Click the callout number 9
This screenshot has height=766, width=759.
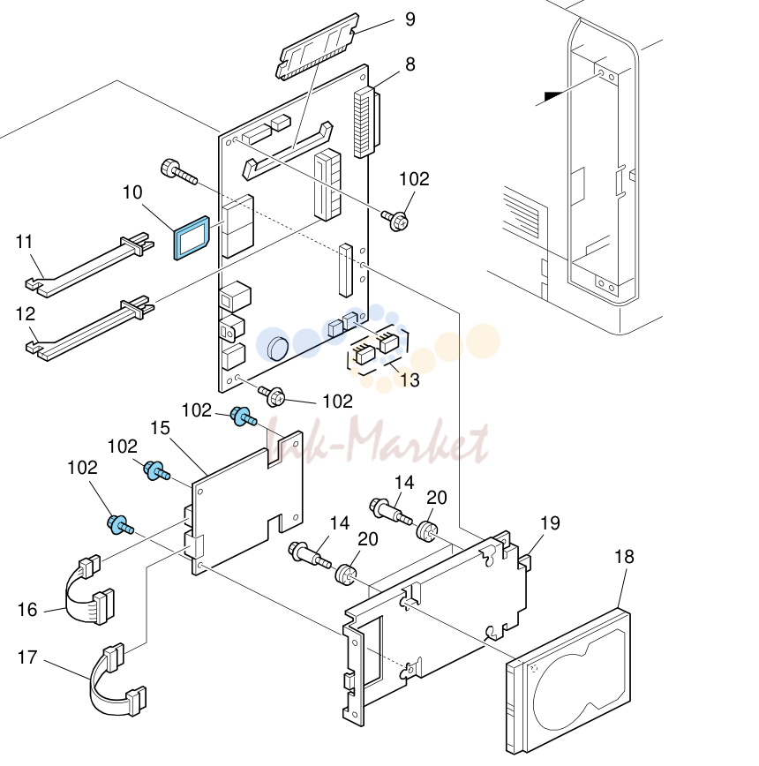410,19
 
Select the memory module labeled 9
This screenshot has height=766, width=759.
318,47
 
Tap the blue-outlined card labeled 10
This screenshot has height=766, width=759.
192,237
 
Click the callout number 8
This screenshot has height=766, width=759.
410,64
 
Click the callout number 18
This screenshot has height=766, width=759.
624,557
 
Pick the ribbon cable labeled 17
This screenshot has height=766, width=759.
117,680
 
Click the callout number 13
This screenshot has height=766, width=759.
410,379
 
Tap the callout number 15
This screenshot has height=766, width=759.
161,428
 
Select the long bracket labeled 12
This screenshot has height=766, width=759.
89,328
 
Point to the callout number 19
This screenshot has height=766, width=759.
550,522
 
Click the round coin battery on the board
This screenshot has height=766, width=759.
277,348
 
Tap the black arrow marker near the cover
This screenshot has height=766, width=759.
554,96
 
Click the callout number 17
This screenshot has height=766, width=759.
27,657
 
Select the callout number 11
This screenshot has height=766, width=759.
25,241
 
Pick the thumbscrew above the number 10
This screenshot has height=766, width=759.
179,172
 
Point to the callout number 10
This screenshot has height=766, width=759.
132,192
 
